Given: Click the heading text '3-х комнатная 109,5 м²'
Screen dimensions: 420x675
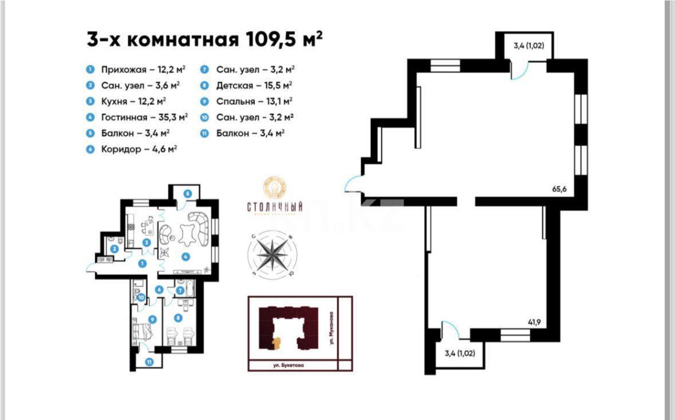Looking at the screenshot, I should point(204,40).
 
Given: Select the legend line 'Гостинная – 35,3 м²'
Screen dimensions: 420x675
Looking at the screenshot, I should point(144,117).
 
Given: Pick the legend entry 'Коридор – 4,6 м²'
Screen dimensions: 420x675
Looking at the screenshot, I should point(138,149).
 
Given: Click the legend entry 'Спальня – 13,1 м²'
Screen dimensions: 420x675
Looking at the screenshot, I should point(254,101).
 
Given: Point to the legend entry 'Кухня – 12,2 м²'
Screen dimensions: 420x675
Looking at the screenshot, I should point(133,101).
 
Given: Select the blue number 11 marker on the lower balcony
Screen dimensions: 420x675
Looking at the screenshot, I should point(149,361).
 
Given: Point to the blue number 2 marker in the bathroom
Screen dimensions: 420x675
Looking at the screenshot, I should point(115,249).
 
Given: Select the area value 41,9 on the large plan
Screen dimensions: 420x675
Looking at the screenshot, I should point(535,322).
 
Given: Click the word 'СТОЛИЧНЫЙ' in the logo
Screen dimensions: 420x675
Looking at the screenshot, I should point(275,207).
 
